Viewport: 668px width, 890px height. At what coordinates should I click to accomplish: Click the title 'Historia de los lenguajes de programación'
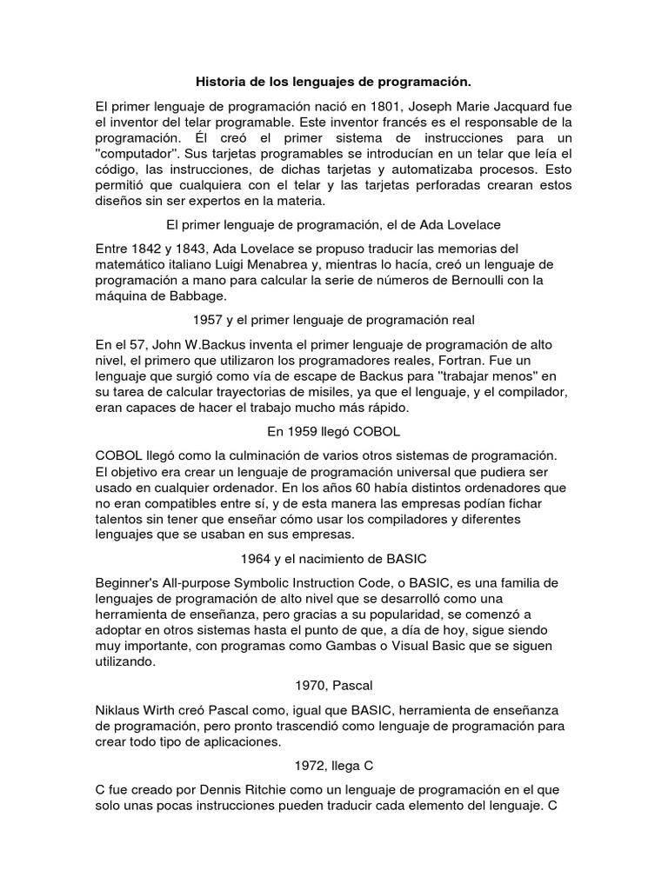(333, 82)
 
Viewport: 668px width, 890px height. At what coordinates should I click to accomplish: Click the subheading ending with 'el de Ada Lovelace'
(333, 224)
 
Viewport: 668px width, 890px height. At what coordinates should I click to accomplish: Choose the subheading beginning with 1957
(333, 320)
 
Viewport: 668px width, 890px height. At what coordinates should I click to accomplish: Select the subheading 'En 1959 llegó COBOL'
(333, 431)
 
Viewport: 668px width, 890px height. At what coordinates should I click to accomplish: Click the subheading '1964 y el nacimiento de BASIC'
(333, 558)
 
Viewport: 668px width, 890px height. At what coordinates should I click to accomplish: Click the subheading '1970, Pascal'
(333, 685)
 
